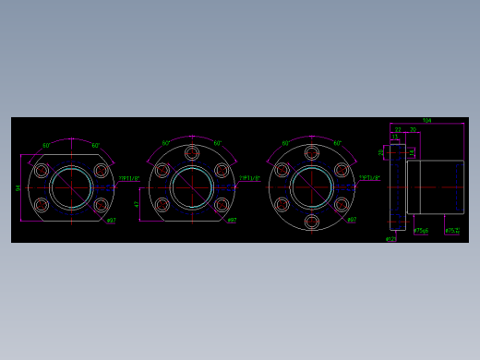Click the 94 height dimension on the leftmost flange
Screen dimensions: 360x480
pyautogui.click(x=18, y=188)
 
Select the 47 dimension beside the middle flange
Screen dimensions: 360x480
pyautogui.click(x=137, y=204)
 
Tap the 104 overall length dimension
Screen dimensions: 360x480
pyautogui.click(x=426, y=121)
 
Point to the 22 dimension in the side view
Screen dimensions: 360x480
pyautogui.click(x=398, y=130)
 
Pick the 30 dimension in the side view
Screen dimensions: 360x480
pyautogui.click(x=413, y=130)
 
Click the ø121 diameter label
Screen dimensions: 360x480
pyautogui.click(x=390, y=239)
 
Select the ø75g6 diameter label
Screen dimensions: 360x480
pyautogui.click(x=421, y=231)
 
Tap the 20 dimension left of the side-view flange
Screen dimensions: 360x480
pyautogui.click(x=381, y=152)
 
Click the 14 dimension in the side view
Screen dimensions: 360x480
pyautogui.click(x=412, y=152)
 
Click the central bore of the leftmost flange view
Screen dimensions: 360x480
pyautogui.click(x=71, y=187)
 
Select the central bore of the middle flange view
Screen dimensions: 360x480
pyautogui.click(x=192, y=187)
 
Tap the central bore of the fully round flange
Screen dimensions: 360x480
pyautogui.click(x=312, y=187)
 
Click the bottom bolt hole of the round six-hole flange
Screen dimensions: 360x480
pyautogui.click(x=312, y=222)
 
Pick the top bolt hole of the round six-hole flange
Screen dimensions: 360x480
pyautogui.click(x=312, y=153)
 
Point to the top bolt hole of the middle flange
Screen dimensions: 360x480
pyautogui.click(x=192, y=153)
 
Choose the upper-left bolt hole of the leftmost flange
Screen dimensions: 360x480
pyautogui.click(x=42, y=171)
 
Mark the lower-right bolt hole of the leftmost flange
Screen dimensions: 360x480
pyautogui.click(x=101, y=205)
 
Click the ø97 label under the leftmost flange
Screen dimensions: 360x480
pyautogui.click(x=111, y=221)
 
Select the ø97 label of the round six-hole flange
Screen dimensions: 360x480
pyautogui.click(x=352, y=221)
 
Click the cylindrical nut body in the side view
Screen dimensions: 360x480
pyautogui.click(x=435, y=187)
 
